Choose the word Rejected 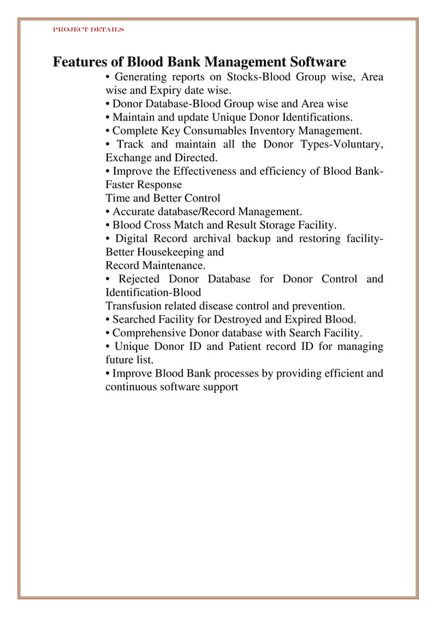139,279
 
